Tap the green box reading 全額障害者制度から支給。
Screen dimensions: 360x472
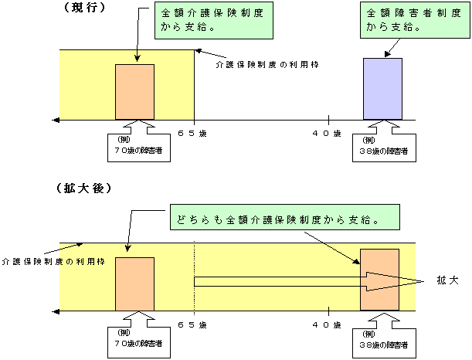404,22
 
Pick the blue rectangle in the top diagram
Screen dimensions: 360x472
383,88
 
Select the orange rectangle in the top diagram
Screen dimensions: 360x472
135,92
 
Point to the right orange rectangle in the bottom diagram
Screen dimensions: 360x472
379,279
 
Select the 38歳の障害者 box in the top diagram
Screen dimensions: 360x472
384,148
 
